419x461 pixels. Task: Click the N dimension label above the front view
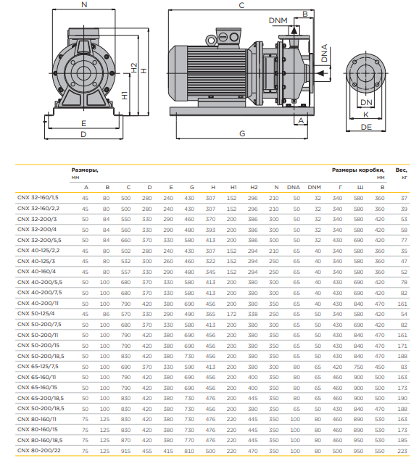[84, 4]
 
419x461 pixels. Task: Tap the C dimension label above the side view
[241, 5]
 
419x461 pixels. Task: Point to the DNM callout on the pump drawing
[278, 20]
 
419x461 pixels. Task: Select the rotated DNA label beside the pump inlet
[324, 53]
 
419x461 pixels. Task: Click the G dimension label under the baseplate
[242, 133]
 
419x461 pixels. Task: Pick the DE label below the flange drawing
[366, 127]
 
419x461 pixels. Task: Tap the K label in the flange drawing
[366, 115]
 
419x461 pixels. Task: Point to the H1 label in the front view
[125, 95]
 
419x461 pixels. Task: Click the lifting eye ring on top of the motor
[211, 40]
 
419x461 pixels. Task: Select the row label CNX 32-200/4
[37, 229]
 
